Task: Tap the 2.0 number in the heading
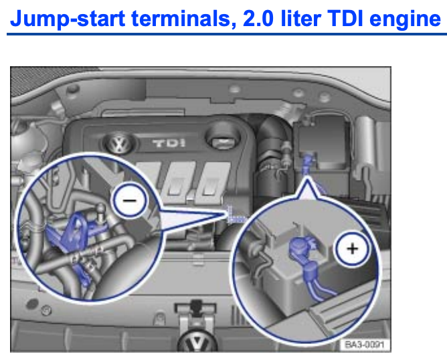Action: click(258, 19)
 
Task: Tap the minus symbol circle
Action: click(130, 200)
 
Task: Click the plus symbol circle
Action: click(353, 248)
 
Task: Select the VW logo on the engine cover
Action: click(120, 143)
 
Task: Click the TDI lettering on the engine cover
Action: click(169, 143)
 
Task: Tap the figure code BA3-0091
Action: click(365, 345)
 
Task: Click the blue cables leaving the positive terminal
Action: click(319, 285)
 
